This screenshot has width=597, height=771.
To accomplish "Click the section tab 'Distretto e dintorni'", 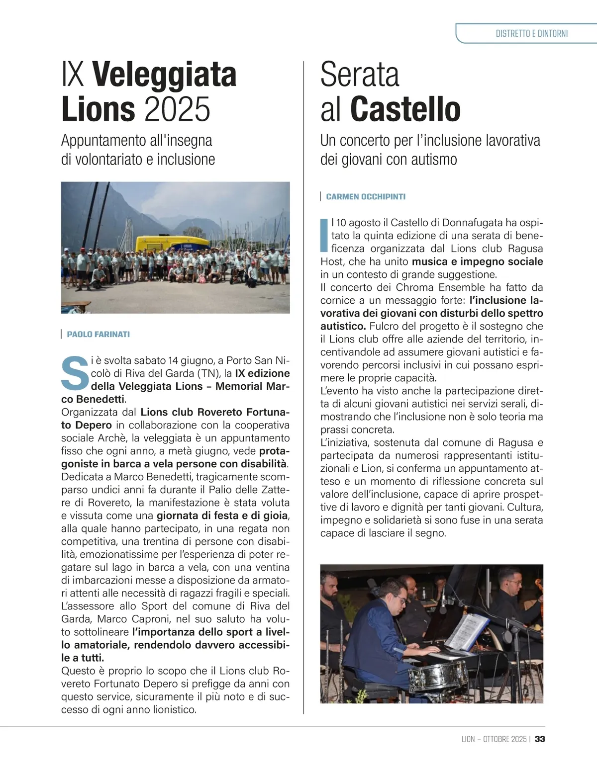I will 531,34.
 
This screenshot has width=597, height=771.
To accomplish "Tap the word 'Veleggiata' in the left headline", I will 164,75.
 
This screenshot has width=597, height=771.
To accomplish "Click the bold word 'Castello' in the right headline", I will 405,109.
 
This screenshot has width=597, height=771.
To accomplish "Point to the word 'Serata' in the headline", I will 360,75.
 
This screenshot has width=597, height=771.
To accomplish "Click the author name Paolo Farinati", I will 98,334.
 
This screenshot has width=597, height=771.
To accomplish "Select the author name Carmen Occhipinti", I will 366,197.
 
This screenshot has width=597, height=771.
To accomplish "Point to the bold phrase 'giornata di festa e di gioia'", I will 222,515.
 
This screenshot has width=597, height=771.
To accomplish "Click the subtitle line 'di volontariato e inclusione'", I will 138,160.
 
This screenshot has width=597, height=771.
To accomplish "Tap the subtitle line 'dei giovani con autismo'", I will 388,160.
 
